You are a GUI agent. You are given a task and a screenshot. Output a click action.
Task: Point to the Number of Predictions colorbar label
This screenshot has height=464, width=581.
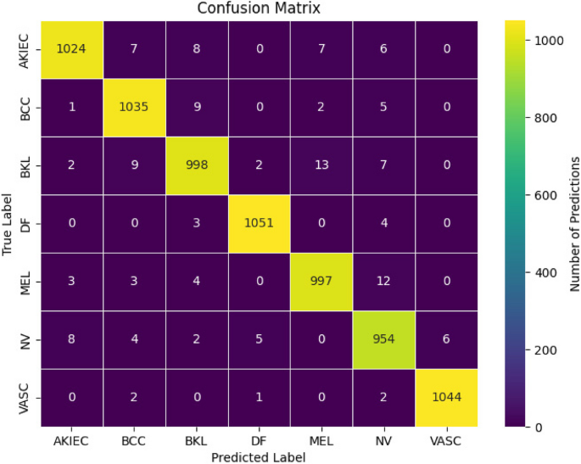point(573,224)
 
